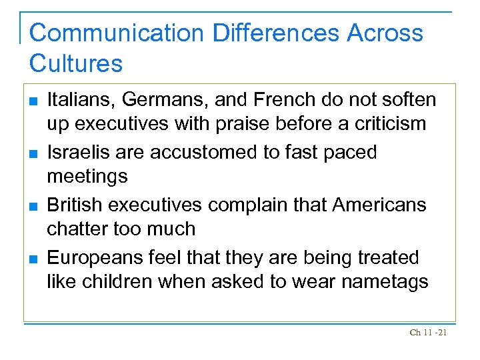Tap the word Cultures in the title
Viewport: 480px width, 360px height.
(x=76, y=64)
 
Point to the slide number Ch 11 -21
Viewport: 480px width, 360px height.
(x=428, y=332)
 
